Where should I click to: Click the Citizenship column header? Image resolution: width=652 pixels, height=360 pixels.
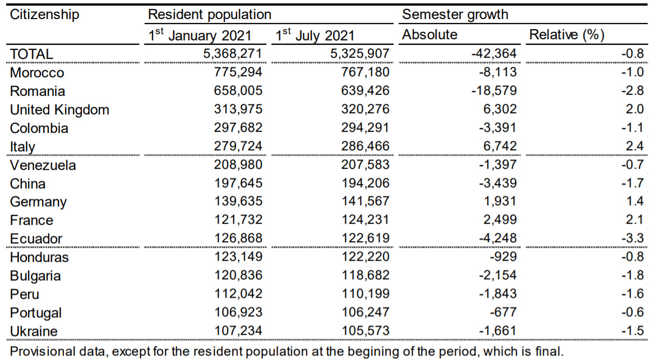(x=45, y=14)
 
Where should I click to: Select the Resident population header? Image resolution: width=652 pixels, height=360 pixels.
(x=210, y=14)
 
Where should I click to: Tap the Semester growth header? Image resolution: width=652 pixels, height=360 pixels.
(x=455, y=14)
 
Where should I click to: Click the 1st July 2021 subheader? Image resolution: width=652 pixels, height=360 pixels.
(x=315, y=35)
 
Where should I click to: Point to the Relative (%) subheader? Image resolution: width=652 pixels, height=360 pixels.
(x=567, y=35)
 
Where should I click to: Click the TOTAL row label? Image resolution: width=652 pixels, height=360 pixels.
(x=31, y=54)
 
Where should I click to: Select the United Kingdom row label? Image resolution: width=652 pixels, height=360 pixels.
(x=59, y=109)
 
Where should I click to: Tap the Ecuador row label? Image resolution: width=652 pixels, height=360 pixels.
(x=36, y=238)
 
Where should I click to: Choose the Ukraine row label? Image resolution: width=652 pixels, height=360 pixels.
(x=34, y=331)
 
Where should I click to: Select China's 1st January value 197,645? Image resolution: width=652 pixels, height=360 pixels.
(x=238, y=183)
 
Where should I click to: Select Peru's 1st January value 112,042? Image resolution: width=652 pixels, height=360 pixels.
(x=238, y=294)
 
